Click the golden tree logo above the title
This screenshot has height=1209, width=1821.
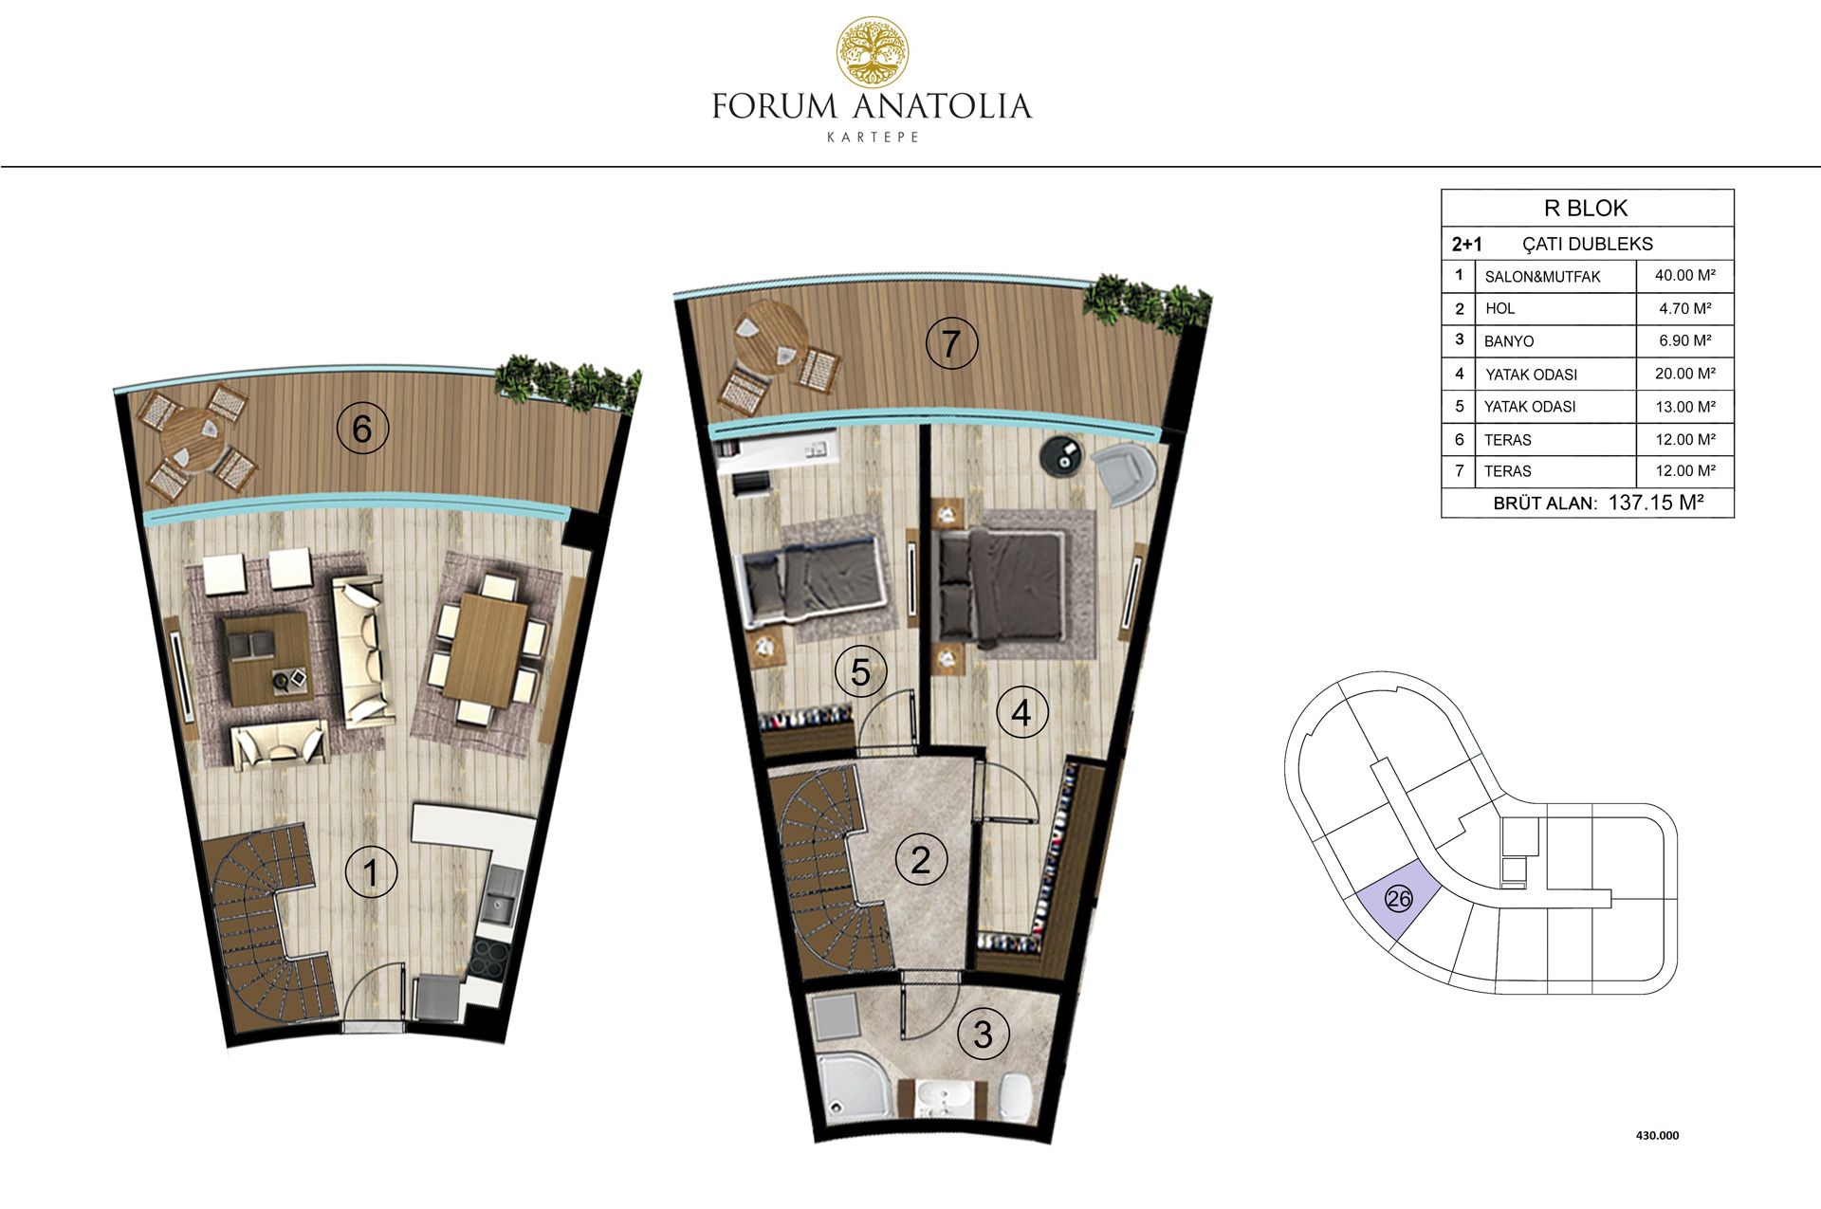coord(872,51)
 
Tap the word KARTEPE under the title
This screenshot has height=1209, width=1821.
coord(873,137)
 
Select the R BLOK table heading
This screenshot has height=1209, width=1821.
coord(1586,208)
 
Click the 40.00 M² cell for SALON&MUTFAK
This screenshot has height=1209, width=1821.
coord(1684,275)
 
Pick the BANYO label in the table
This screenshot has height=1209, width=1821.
coord(1509,341)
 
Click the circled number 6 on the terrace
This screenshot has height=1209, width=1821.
coord(362,430)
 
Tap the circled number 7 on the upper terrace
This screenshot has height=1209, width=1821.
coord(951,343)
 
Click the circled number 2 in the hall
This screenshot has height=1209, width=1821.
coord(920,860)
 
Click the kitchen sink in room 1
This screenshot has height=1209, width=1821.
coord(498,895)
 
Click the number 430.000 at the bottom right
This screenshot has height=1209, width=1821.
coord(1658,1135)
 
